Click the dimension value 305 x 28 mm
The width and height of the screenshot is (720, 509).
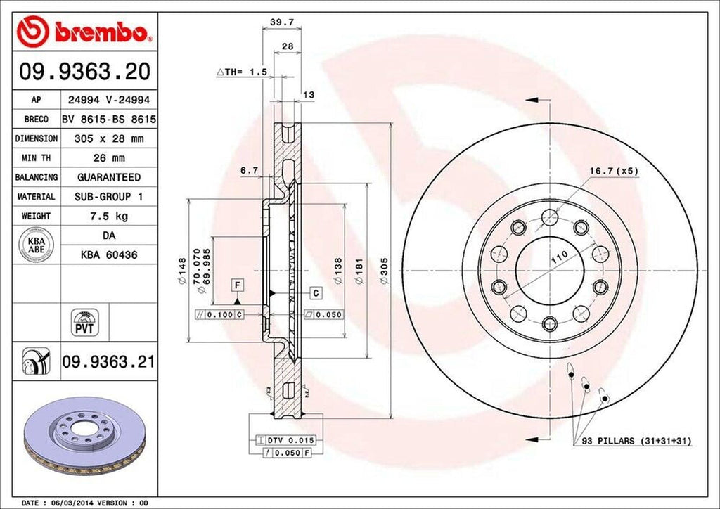click(x=108, y=138)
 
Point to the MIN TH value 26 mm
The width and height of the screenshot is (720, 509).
click(x=108, y=157)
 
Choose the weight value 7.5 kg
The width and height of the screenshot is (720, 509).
click(x=108, y=216)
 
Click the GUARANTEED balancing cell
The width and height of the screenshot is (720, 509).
click(x=108, y=177)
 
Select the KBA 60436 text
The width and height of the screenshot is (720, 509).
click(x=108, y=254)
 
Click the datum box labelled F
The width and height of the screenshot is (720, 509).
click(x=238, y=285)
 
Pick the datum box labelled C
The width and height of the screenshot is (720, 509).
click(x=315, y=292)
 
